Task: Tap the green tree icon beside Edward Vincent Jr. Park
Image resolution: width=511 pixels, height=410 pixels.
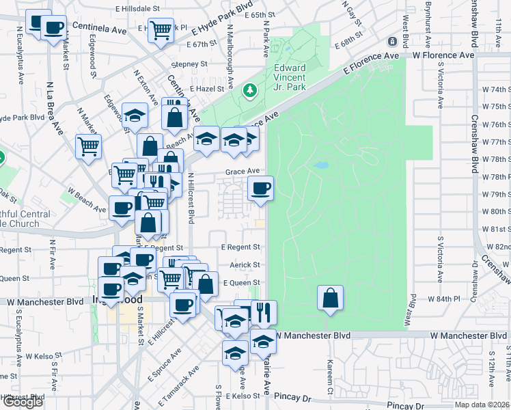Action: (x=250, y=90)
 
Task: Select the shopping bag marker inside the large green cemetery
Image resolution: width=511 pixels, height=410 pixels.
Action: (x=330, y=298)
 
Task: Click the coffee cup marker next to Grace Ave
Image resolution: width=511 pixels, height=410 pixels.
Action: (x=260, y=189)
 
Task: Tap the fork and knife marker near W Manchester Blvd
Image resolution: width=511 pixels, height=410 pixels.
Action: (x=264, y=312)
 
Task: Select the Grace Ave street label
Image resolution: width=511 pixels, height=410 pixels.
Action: (x=243, y=172)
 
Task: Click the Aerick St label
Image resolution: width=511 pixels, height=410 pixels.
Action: (x=247, y=264)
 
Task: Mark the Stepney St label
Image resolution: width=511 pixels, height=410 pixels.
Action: (x=189, y=64)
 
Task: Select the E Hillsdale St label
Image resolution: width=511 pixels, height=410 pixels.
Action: (x=137, y=9)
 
